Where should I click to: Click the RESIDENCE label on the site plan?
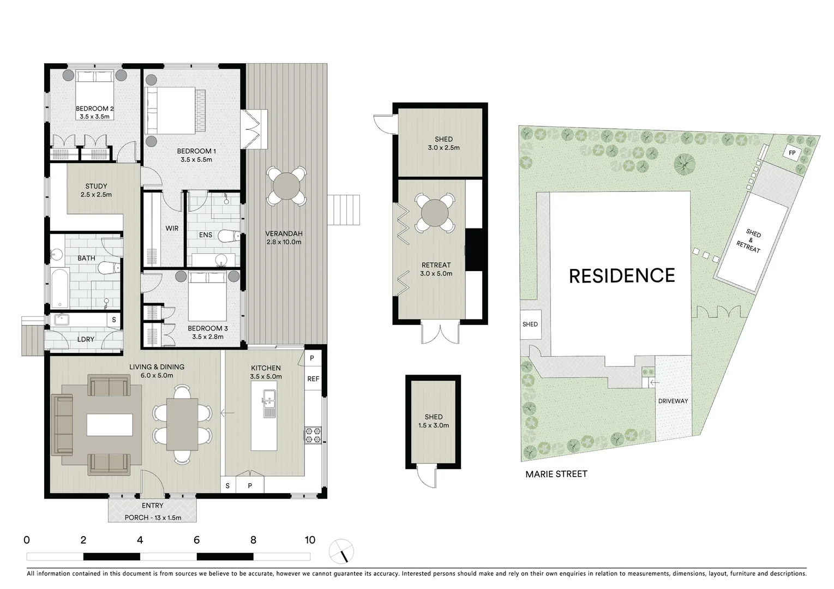(622, 276)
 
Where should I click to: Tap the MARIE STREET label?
(556, 474)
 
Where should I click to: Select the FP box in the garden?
(791, 153)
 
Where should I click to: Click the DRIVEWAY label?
(673, 401)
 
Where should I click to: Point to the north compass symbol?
(341, 551)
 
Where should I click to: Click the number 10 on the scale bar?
(310, 540)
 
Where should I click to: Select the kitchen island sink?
(269, 403)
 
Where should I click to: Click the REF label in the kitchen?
(313, 379)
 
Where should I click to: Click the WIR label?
(172, 229)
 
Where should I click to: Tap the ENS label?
(206, 235)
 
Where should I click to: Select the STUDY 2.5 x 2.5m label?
(96, 190)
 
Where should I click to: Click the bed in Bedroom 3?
(207, 297)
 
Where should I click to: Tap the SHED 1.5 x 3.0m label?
(433, 421)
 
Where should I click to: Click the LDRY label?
(86, 339)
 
